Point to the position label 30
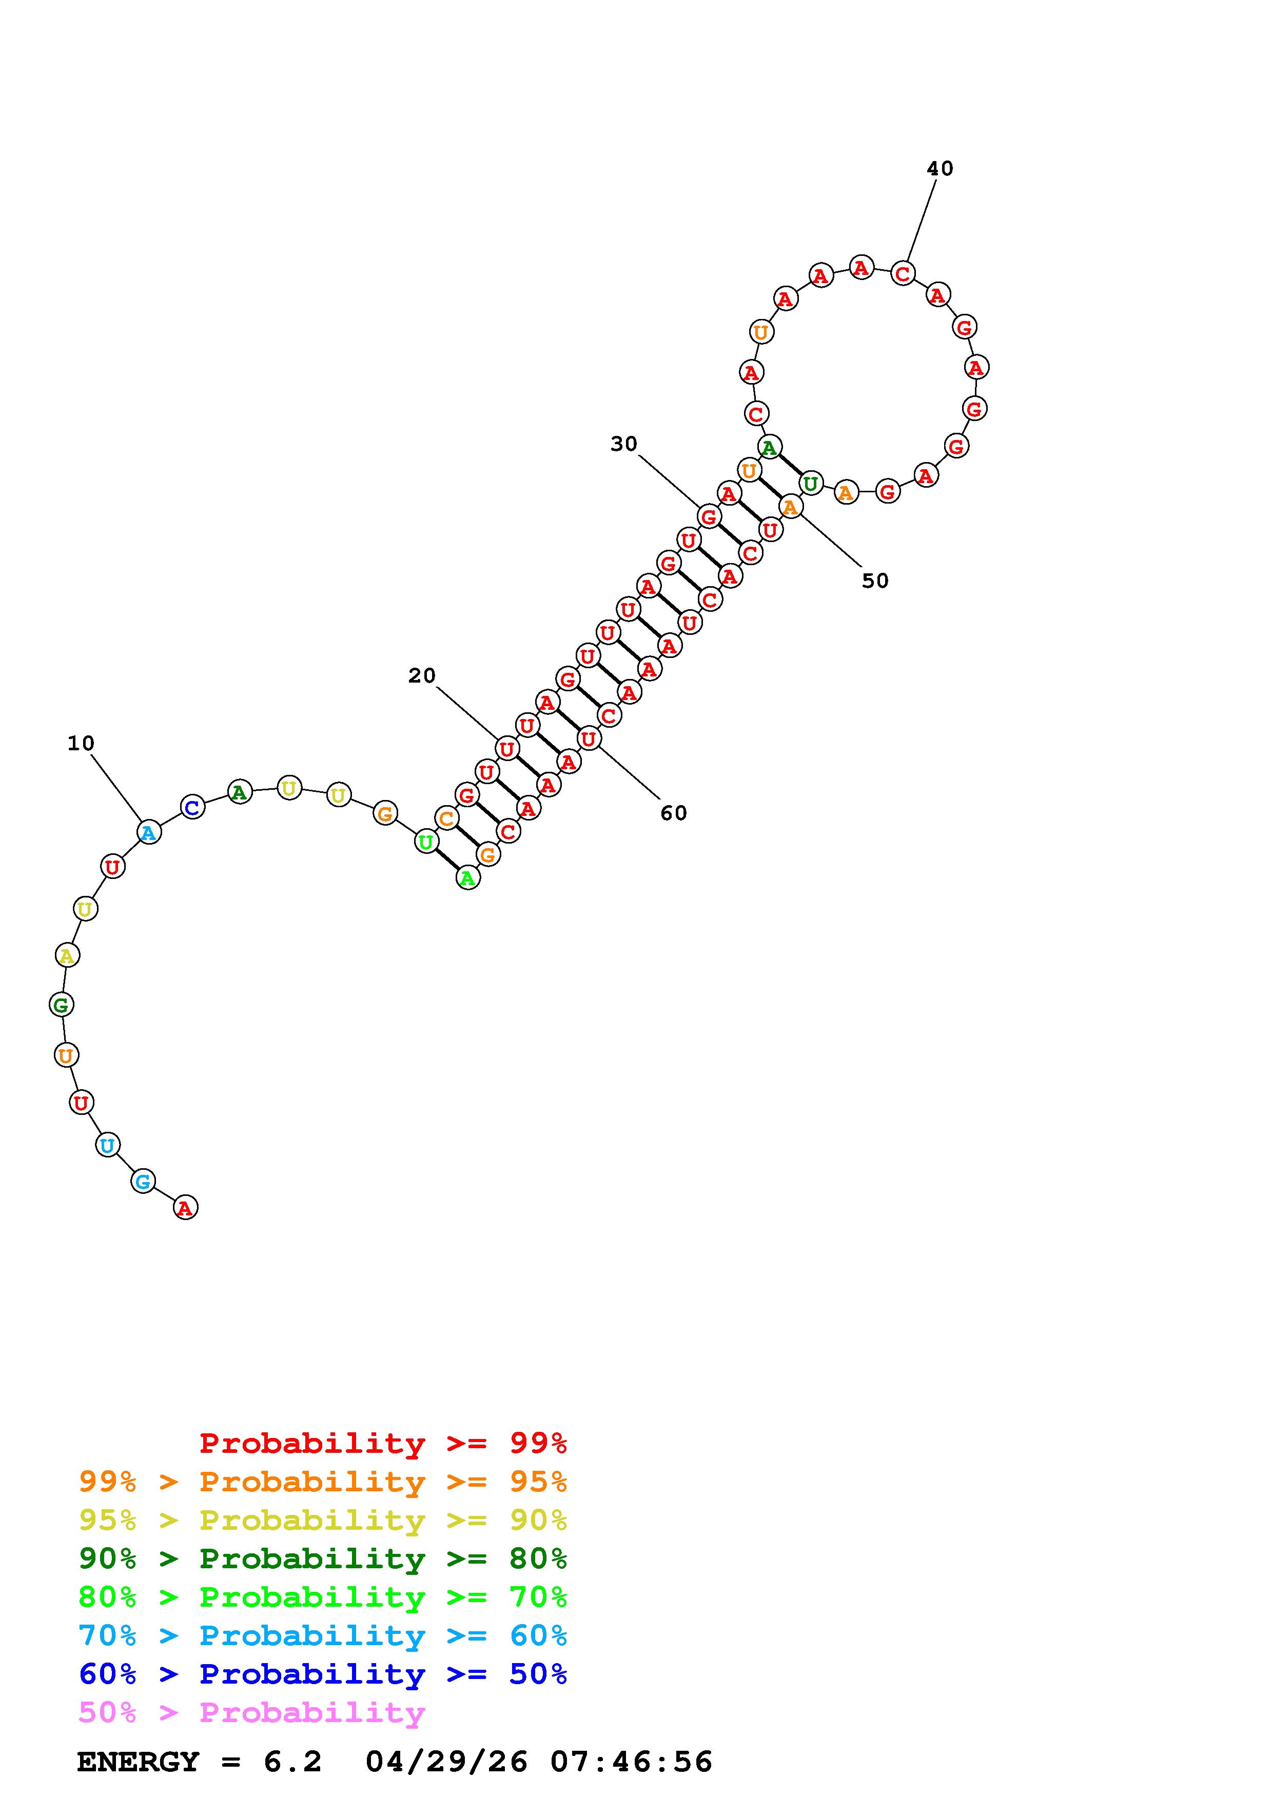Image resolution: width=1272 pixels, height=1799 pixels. click(624, 444)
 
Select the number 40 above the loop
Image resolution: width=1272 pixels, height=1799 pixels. click(940, 168)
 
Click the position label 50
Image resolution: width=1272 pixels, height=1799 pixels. click(875, 581)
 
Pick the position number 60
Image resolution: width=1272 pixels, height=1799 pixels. click(673, 813)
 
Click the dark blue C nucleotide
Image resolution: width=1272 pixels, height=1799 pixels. click(192, 806)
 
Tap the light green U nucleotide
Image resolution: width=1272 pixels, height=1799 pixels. click(425, 842)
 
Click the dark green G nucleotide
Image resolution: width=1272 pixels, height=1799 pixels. click(61, 1005)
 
